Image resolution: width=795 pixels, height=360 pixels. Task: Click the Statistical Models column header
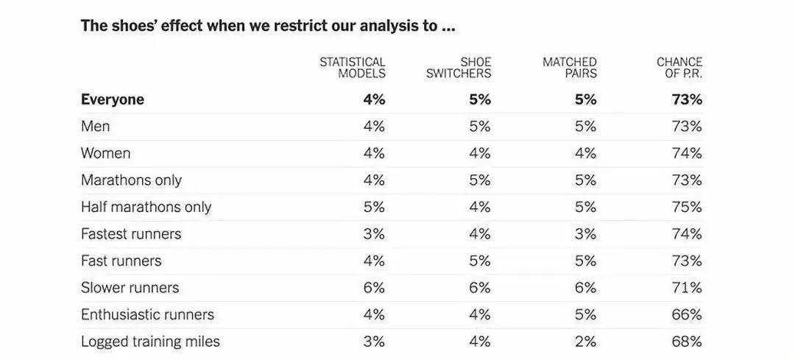(x=353, y=68)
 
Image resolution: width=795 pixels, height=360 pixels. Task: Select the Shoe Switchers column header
(x=459, y=68)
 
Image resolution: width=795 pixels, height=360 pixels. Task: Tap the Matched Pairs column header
(x=569, y=68)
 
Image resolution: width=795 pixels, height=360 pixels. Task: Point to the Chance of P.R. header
(x=679, y=68)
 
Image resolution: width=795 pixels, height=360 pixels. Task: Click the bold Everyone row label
(x=113, y=99)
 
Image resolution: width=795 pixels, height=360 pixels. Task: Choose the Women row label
(x=105, y=153)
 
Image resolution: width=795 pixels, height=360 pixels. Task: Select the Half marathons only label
(x=146, y=207)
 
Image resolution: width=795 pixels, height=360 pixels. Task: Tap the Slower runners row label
(x=130, y=288)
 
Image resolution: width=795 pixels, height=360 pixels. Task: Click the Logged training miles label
(x=151, y=342)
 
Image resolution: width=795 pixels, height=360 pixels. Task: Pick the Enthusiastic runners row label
(x=147, y=314)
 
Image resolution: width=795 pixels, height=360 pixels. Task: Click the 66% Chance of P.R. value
(x=687, y=314)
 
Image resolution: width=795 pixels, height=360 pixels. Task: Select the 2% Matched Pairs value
(x=586, y=342)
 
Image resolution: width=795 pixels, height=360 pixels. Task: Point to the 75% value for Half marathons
(x=687, y=207)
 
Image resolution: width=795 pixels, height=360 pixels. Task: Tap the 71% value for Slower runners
(x=687, y=288)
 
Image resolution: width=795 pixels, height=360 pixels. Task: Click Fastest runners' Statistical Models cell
(x=374, y=234)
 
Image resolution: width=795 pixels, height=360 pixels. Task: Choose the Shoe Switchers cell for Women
(x=480, y=153)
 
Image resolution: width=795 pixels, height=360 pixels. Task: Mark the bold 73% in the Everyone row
(x=687, y=99)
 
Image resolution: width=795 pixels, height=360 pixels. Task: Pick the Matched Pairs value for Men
(x=586, y=126)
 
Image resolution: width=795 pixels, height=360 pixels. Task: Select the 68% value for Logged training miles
(x=687, y=342)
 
